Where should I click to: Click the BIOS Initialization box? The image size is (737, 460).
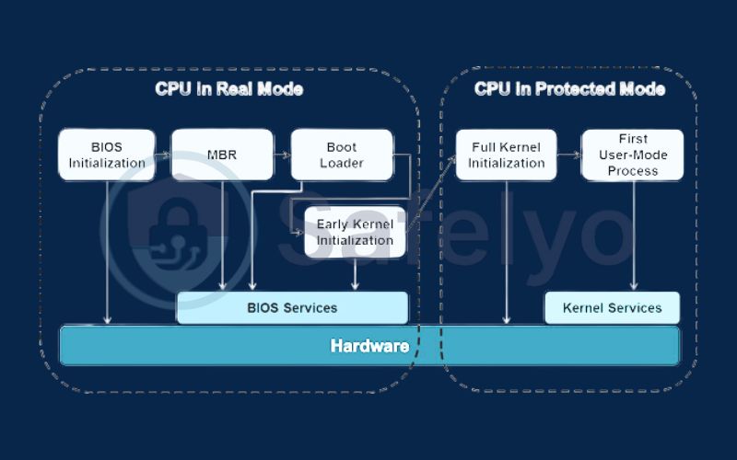pyautogui.click(x=106, y=155)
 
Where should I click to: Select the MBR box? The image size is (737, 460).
pyautogui.click(x=222, y=155)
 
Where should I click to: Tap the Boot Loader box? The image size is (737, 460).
pyautogui.click(x=341, y=155)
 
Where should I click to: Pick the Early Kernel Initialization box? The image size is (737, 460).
pyautogui.click(x=355, y=232)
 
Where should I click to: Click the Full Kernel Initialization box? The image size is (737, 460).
pyautogui.click(x=506, y=155)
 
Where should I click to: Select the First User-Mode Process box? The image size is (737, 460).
pyautogui.click(x=632, y=155)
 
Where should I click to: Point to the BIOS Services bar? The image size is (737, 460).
pyautogui.click(x=292, y=308)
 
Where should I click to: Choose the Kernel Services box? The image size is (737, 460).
pyautogui.click(x=612, y=308)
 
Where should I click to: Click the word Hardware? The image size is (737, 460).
pyautogui.click(x=369, y=346)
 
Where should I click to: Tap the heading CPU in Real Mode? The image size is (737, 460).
pyautogui.click(x=228, y=89)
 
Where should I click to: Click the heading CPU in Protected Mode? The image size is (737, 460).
pyautogui.click(x=569, y=89)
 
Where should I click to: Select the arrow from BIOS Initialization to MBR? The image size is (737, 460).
pyautogui.click(x=162, y=155)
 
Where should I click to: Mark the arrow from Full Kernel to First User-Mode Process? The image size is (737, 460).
pyautogui.click(x=568, y=155)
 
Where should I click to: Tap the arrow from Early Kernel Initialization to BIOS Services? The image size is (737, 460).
pyautogui.click(x=355, y=275)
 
